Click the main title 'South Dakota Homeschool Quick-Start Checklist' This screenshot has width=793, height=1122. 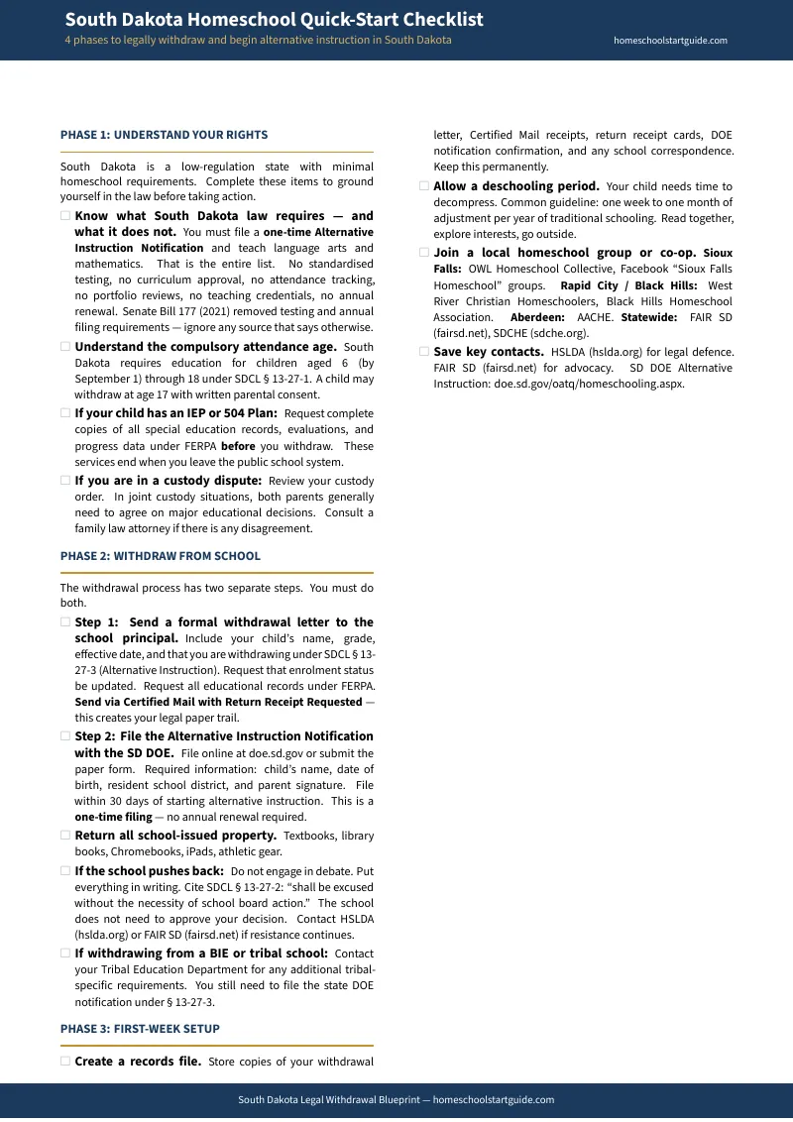tap(275, 20)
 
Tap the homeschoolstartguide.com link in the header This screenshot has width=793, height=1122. tap(670, 41)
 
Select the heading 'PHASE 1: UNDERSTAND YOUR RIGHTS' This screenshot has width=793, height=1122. tap(164, 135)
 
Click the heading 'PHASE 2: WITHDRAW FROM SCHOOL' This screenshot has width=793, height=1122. tap(161, 556)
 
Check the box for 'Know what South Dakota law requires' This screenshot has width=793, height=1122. tap(65, 216)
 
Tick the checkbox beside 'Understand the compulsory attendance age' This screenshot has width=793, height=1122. tap(65, 347)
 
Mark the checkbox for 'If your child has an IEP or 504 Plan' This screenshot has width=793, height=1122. tap(65, 413)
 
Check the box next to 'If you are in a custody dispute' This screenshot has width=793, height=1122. tap(65, 481)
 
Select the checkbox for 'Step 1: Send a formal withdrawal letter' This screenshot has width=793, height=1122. tap(65, 622)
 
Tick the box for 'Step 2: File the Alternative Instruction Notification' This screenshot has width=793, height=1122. tap(65, 736)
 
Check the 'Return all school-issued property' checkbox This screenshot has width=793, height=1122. tap(65, 836)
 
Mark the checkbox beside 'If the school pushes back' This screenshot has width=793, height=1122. tap(65, 871)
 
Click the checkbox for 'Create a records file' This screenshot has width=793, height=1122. tap(65, 1062)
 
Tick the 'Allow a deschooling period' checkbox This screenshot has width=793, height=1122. tap(424, 186)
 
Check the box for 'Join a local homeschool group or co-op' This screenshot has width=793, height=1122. tap(424, 253)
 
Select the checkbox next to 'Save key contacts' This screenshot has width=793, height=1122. tap(424, 352)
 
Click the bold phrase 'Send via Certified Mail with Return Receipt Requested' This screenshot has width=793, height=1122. tap(218, 702)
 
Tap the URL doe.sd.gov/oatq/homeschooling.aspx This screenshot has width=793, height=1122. tap(589, 384)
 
